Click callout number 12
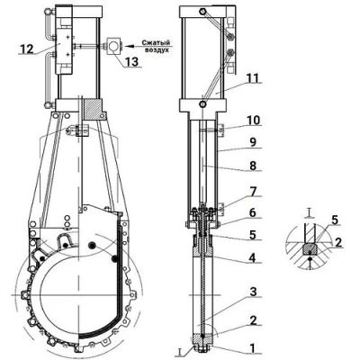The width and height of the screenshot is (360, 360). (x=27, y=49)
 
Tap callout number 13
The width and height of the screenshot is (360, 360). (x=131, y=61)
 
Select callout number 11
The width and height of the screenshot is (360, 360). (x=253, y=77)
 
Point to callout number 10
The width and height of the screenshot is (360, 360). (x=253, y=121)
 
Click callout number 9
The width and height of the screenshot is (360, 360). (x=253, y=142)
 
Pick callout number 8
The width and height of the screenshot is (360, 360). (x=253, y=166)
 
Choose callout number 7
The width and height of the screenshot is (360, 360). (x=253, y=192)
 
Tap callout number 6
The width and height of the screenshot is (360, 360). (x=253, y=212)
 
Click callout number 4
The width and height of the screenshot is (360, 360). (x=253, y=258)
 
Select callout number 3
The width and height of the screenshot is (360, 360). (x=253, y=292)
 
